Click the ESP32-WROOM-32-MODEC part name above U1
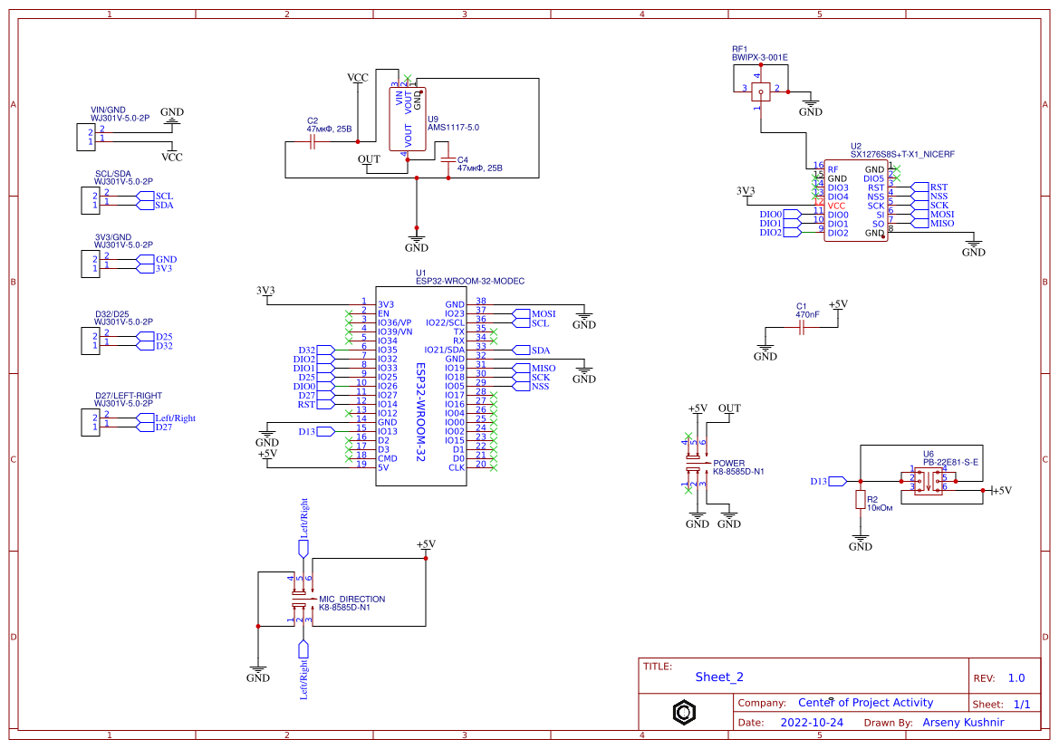coord(469,281)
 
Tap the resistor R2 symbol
coord(860,500)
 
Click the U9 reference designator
coord(433,119)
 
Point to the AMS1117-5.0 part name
coord(453,128)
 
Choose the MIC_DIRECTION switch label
coord(351,599)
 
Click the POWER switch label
coord(728,463)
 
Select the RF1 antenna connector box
coord(761,89)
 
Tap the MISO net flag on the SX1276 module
coord(941,224)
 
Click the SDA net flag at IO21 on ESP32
coord(540,350)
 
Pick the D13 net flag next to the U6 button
coord(819,481)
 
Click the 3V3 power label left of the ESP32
coord(265,291)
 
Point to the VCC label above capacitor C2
coord(358,78)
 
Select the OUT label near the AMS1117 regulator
coord(369,159)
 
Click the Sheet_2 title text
coord(719,677)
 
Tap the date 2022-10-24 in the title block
coord(811,723)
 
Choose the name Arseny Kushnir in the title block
coord(963,723)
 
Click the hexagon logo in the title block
coord(684,712)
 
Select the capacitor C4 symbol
coord(447,161)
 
